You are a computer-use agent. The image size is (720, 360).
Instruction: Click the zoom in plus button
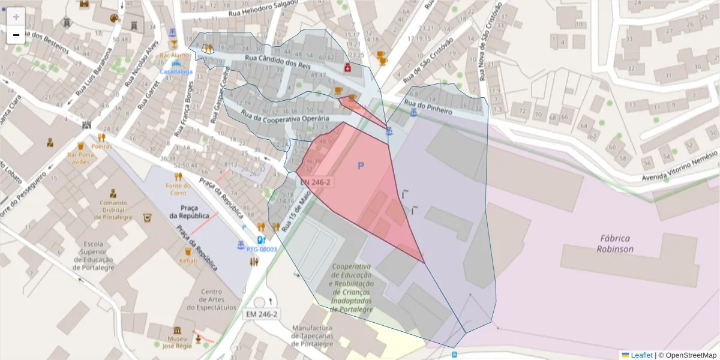click(16, 17)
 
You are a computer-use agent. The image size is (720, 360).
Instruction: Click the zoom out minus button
click(16, 35)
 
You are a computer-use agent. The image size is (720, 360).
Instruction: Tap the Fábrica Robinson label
click(616, 243)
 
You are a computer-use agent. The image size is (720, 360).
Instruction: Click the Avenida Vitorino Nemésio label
click(679, 170)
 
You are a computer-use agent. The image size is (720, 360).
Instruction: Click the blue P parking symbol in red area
click(361, 166)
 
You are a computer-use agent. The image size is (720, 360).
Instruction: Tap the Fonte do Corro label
click(178, 189)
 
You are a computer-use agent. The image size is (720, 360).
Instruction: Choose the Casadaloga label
click(176, 71)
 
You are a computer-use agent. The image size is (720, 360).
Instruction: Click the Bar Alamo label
click(175, 55)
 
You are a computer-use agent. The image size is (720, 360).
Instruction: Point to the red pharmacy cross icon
click(347, 68)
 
